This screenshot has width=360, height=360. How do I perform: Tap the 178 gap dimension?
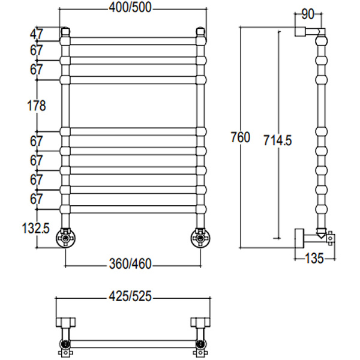tap(37, 106)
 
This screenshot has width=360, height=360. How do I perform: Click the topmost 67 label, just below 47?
tap(37, 51)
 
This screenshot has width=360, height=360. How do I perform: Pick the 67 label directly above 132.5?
tap(37, 199)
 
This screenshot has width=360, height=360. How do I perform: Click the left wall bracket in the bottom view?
tap(64, 322)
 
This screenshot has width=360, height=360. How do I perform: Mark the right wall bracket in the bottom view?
tap(200, 322)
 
